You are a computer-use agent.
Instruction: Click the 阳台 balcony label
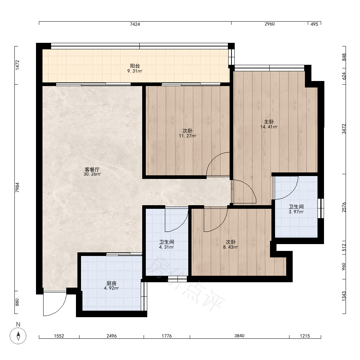click(135, 66)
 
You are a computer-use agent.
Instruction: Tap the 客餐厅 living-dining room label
click(92, 170)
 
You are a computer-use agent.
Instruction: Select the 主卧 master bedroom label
click(269, 122)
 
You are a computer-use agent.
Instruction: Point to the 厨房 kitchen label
click(111, 283)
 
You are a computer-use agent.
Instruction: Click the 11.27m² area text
click(188, 136)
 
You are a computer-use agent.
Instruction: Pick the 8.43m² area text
click(230, 247)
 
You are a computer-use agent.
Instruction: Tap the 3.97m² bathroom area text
click(296, 212)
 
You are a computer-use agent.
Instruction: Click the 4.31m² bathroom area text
click(166, 247)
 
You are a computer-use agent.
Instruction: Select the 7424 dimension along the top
click(135, 24)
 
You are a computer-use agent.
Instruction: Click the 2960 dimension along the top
click(270, 24)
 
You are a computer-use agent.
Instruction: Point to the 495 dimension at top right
click(314, 24)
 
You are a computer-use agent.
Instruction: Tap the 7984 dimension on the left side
click(17, 187)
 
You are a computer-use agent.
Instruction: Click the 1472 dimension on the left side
click(17, 65)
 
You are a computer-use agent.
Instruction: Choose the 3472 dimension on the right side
click(344, 129)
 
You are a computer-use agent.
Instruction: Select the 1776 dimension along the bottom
click(167, 336)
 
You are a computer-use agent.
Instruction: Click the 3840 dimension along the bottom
click(239, 336)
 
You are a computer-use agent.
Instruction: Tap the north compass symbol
click(18, 336)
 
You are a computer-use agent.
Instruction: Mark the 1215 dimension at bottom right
click(305, 336)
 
